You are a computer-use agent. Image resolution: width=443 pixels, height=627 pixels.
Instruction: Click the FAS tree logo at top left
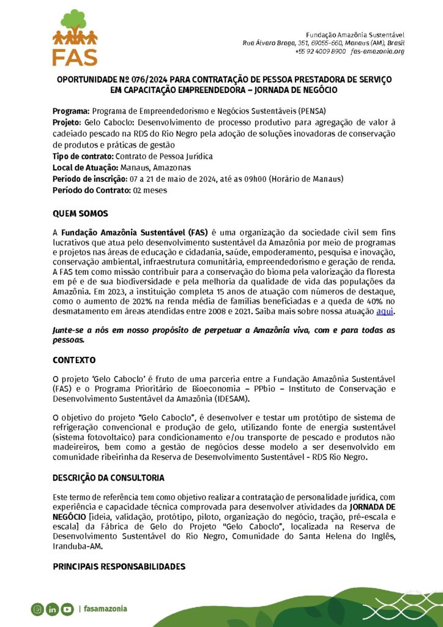(75, 37)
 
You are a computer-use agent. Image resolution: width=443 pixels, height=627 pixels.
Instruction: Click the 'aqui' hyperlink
(384, 311)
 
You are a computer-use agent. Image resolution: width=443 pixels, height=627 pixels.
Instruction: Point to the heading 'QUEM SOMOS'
(80, 214)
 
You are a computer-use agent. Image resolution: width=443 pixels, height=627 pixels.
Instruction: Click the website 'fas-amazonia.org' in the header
(378, 51)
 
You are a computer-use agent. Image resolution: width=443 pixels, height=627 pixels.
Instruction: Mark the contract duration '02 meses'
(150, 190)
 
